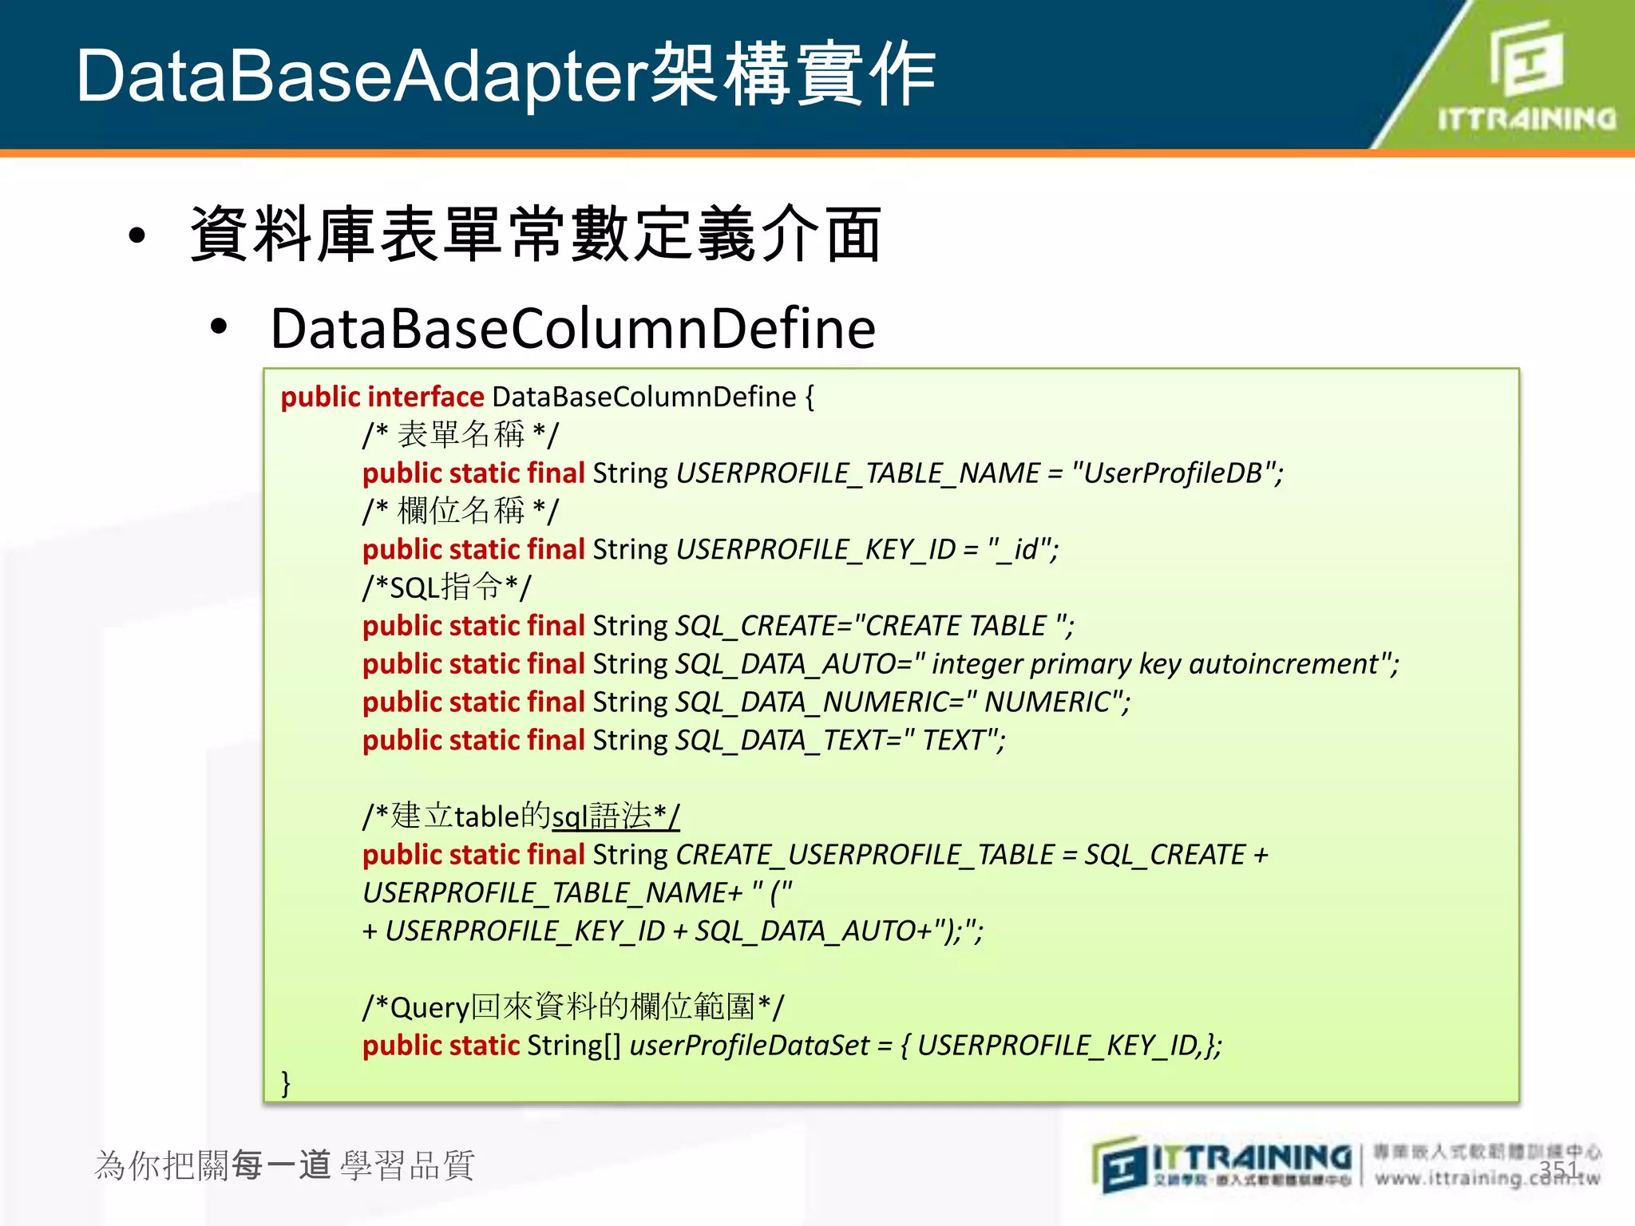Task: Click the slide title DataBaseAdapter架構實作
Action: [x=505, y=76]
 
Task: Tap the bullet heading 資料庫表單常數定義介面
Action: [x=535, y=235]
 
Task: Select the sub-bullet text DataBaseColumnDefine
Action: [x=572, y=329]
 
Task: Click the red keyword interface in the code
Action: [x=426, y=397]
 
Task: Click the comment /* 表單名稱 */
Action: [x=461, y=435]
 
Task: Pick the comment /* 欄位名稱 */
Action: [x=461, y=511]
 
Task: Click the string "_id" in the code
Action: [x=1017, y=549]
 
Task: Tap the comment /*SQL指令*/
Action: [x=446, y=587]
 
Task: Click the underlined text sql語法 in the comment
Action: [x=601, y=817]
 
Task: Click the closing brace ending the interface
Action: [x=286, y=1083]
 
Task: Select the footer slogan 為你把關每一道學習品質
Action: [x=285, y=1165]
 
